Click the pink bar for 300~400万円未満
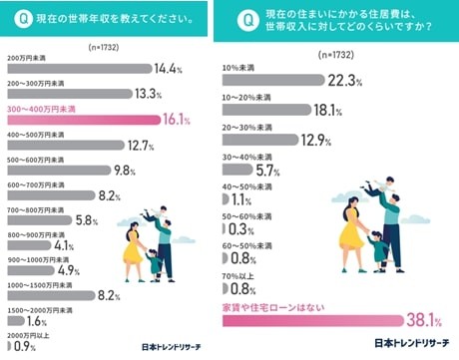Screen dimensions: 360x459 click(x=80, y=120)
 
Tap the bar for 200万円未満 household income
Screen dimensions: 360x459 click(x=74, y=68)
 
